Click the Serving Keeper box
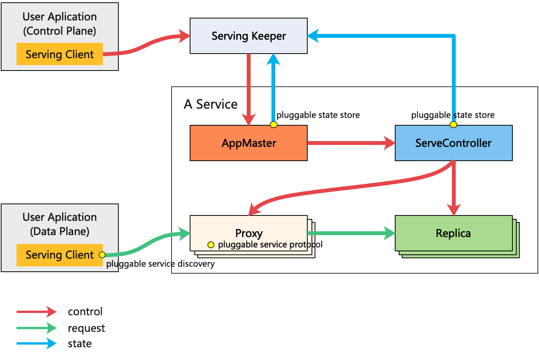[x=249, y=36]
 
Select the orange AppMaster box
[x=249, y=143]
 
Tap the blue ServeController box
[x=453, y=143]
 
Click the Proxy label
[x=249, y=233]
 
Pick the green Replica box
[x=453, y=233]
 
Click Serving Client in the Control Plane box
[x=60, y=54]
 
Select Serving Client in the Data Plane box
[x=60, y=255]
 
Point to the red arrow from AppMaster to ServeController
[x=351, y=143]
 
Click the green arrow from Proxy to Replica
[x=351, y=233]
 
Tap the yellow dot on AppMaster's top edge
[x=273, y=124]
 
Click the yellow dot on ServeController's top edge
[x=453, y=124]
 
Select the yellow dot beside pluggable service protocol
[x=211, y=245]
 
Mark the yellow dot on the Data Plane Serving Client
[x=102, y=255]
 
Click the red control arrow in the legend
[x=37, y=311]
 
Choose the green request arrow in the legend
[x=37, y=328]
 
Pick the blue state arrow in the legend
[x=37, y=343]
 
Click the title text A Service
[x=211, y=104]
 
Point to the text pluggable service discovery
[x=160, y=264]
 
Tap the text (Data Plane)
[x=60, y=231]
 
